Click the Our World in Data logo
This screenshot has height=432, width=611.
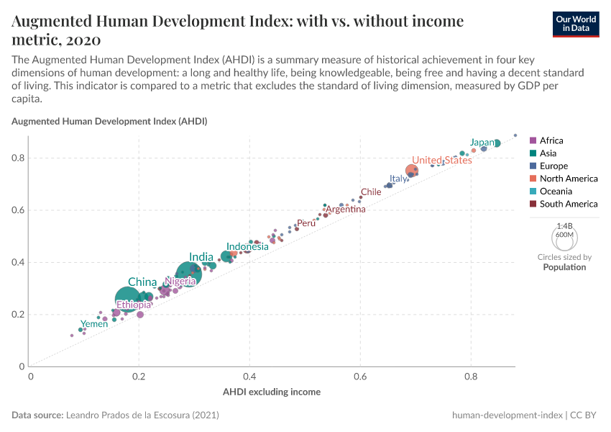(x=576, y=23)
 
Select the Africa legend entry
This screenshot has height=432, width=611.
(x=551, y=140)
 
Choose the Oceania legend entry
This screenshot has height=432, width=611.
(x=556, y=192)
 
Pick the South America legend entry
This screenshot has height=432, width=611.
(x=568, y=204)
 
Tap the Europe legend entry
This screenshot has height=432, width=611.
(x=553, y=166)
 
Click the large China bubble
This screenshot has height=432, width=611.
(x=127, y=300)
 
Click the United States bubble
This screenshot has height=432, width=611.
(x=412, y=171)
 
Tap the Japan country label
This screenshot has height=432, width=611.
(x=482, y=143)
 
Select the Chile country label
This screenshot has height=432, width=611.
(x=371, y=192)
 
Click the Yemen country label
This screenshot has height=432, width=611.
(x=93, y=324)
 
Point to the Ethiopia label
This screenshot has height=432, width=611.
(x=134, y=305)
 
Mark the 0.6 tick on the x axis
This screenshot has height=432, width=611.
(x=360, y=376)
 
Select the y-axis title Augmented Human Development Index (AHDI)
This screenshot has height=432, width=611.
(x=109, y=122)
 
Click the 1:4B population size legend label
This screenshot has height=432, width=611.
(x=564, y=226)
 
